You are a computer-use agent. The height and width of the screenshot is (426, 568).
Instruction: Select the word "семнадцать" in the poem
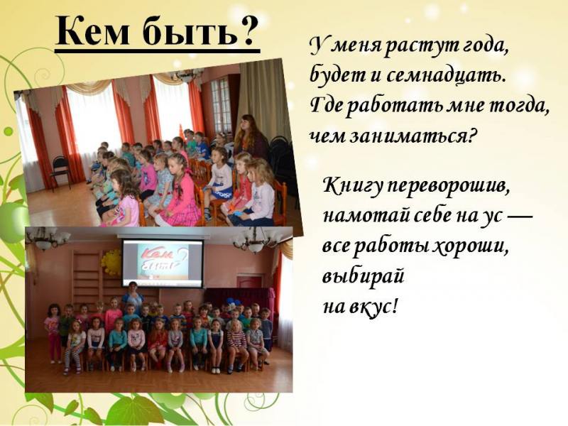pyautogui.click(x=445, y=77)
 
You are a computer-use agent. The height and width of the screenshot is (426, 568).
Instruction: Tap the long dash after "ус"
pyautogui.click(x=520, y=217)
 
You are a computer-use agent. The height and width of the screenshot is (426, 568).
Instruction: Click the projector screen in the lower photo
pyautogui.click(x=163, y=262)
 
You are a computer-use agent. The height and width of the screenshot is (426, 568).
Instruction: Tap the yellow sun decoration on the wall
pyautogui.click(x=111, y=261)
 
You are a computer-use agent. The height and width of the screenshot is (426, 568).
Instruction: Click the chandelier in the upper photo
pyautogui.click(x=186, y=74)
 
